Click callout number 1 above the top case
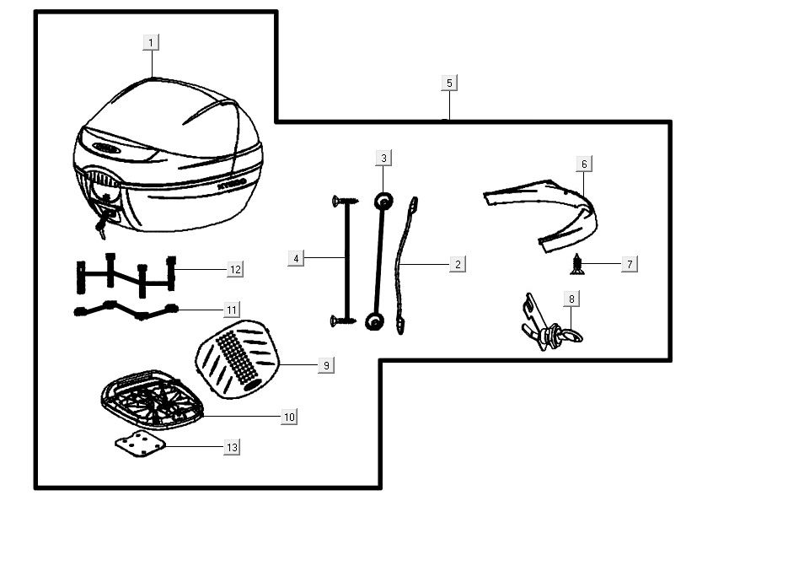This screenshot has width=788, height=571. (151, 42)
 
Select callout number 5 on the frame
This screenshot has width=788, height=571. (449, 83)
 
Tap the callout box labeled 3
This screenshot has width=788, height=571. (383, 158)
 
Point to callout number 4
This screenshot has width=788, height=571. (296, 258)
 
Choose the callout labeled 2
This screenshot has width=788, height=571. (458, 264)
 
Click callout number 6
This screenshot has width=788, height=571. (583, 164)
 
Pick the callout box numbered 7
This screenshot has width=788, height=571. (629, 264)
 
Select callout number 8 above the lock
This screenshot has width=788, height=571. (572, 299)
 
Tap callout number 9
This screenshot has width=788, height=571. (326, 365)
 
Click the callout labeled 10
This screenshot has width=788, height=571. (289, 417)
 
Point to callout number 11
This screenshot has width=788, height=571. (232, 310)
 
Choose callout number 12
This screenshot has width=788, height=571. (235, 269)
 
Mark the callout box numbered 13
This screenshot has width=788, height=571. (232, 448)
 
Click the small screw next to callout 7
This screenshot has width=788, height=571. (577, 265)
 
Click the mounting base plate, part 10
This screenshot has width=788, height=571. (152, 399)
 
